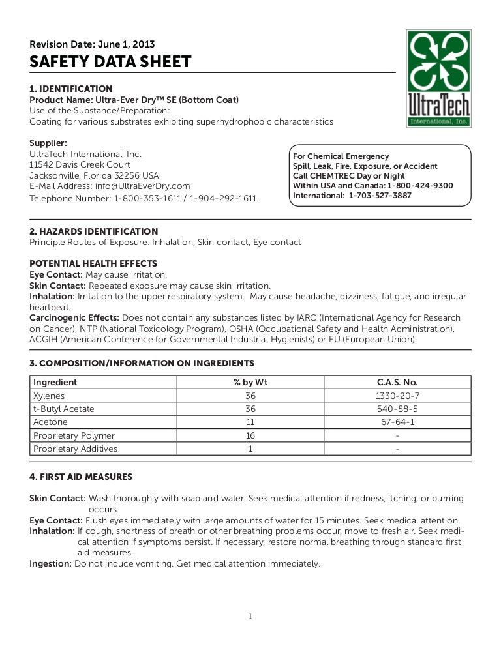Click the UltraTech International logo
pyautogui.click(x=438, y=78)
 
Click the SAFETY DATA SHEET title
pyautogui.click(x=110, y=63)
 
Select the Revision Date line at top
pyautogui.click(x=92, y=44)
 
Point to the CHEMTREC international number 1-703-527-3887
pyautogui.click(x=380, y=196)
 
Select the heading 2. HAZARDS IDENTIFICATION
pyautogui.click(x=94, y=231)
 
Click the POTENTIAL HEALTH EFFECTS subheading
pyautogui.click(x=93, y=264)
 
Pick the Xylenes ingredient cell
pyautogui.click(x=49, y=396)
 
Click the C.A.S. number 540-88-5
pyautogui.click(x=397, y=409)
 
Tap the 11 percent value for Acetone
pyautogui.click(x=250, y=422)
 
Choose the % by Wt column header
pyautogui.click(x=250, y=383)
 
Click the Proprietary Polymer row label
pyautogui.click(x=74, y=435)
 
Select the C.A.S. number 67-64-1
pyautogui.click(x=397, y=422)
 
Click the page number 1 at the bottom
pyautogui.click(x=250, y=616)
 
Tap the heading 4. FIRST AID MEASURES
pyautogui.click(x=81, y=477)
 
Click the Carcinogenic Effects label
pyautogui.click(x=74, y=318)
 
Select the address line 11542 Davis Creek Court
pyautogui.click(x=80, y=165)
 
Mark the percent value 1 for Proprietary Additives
pyautogui.click(x=250, y=449)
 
